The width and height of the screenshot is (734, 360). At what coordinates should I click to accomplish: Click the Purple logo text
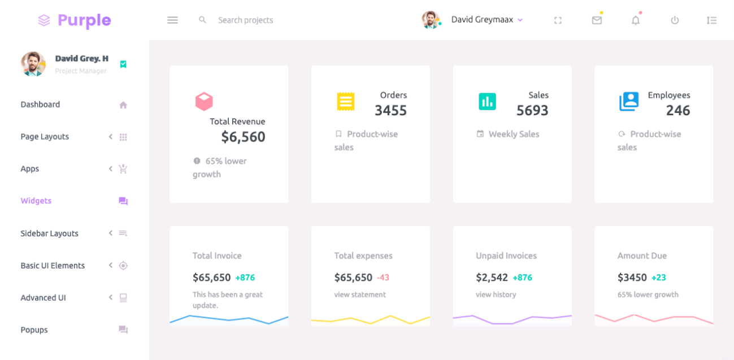click(x=84, y=20)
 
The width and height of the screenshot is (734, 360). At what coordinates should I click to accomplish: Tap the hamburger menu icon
click(x=172, y=20)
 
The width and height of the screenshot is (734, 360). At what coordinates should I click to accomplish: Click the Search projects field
click(x=245, y=20)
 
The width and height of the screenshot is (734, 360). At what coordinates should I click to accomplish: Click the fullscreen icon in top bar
click(x=558, y=20)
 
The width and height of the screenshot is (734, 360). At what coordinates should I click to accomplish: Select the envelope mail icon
click(x=597, y=20)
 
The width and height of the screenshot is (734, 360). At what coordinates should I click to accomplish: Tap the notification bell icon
click(x=636, y=20)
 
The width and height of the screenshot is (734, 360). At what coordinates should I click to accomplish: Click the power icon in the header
click(x=675, y=20)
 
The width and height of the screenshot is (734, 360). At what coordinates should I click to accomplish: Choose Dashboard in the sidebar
click(x=40, y=105)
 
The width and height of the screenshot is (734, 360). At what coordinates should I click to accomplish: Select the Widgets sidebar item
click(x=36, y=201)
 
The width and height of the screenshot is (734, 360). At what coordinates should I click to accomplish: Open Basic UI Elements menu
click(x=53, y=266)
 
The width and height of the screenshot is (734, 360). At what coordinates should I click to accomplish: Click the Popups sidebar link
click(x=34, y=330)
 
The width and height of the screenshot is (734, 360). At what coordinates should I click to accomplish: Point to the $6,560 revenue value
click(x=243, y=137)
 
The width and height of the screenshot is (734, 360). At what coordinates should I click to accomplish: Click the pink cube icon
click(x=204, y=102)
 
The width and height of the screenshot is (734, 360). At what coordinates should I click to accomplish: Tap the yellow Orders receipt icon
click(x=346, y=102)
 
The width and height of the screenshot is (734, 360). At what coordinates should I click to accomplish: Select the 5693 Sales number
click(x=532, y=111)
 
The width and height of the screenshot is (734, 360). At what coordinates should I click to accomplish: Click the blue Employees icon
click(x=629, y=102)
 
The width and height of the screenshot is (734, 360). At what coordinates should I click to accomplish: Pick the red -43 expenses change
click(x=383, y=277)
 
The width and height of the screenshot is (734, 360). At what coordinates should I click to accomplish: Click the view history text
click(x=496, y=294)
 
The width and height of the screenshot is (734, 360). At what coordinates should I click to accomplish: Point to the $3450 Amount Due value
click(x=632, y=277)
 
